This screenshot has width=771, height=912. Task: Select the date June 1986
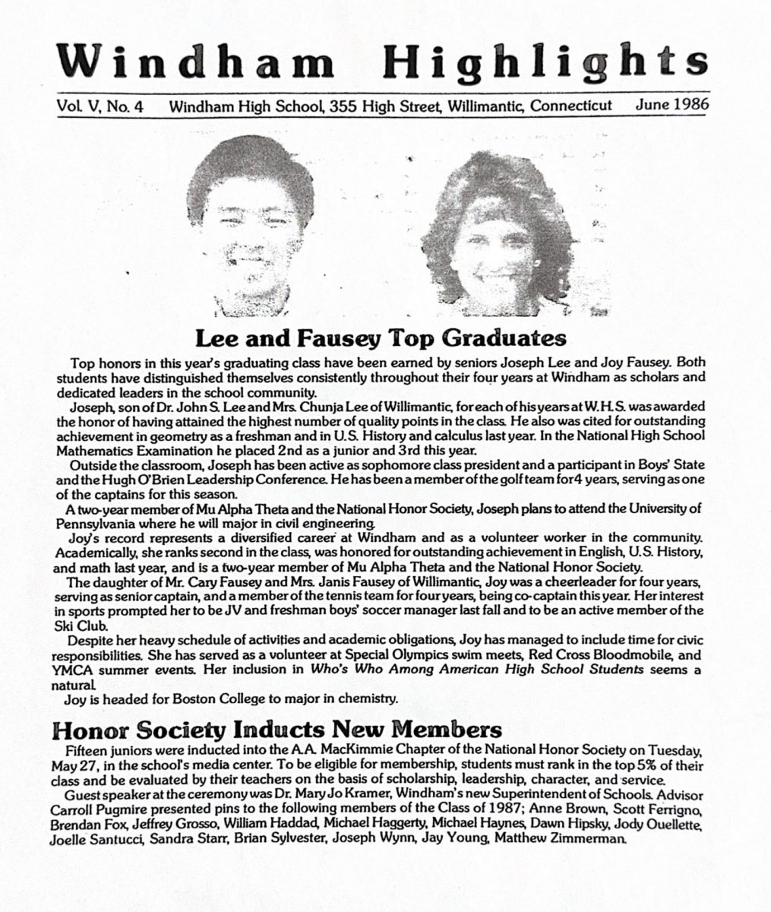coord(671,105)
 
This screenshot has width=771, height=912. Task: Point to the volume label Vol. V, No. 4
coord(100,107)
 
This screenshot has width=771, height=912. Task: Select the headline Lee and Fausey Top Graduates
coord(381,337)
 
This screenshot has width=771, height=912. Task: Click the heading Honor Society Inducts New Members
coord(276,731)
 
